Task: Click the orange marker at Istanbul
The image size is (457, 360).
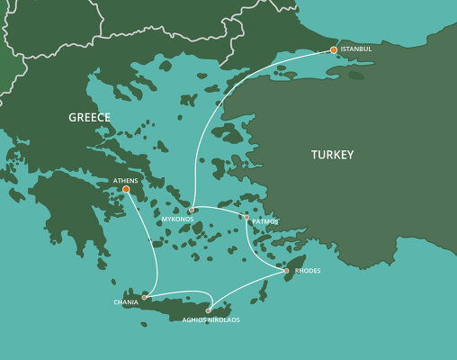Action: click(x=334, y=49)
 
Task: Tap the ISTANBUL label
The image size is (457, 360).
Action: click(x=355, y=49)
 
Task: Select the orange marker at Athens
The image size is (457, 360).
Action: click(x=126, y=189)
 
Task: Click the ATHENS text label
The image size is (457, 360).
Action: click(x=126, y=180)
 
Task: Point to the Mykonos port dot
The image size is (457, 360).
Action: click(x=192, y=210)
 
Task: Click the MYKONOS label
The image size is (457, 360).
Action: click(x=177, y=219)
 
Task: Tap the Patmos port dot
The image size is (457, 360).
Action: click(x=246, y=217)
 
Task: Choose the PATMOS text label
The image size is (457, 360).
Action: click(x=265, y=220)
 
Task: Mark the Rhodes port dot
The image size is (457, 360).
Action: click(x=286, y=270)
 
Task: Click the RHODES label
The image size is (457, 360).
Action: click(x=307, y=270)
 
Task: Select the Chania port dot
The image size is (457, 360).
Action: click(x=144, y=296)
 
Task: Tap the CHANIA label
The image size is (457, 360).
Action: click(x=127, y=302)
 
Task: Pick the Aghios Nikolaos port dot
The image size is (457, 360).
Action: click(x=208, y=310)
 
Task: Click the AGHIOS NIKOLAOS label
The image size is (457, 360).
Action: click(x=211, y=319)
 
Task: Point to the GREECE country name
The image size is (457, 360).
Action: click(x=90, y=117)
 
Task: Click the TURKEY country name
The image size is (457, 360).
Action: click(x=333, y=155)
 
